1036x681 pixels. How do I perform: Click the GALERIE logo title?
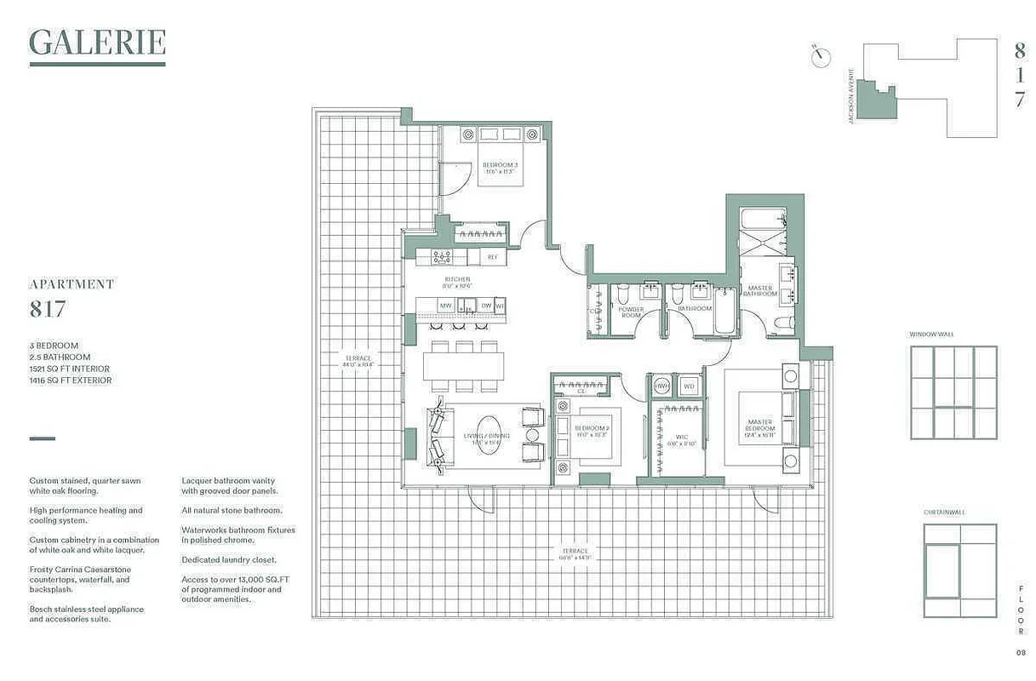97,43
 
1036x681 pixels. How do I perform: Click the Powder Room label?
631,312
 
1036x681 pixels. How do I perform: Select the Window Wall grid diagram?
953,392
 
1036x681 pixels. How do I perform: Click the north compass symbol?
821,56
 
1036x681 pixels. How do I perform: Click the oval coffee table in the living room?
489,434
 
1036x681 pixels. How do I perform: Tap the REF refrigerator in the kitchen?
492,256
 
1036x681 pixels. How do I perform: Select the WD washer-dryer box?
688,386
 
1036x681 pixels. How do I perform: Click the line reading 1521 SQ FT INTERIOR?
69,369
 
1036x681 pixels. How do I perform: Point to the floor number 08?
1020,653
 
